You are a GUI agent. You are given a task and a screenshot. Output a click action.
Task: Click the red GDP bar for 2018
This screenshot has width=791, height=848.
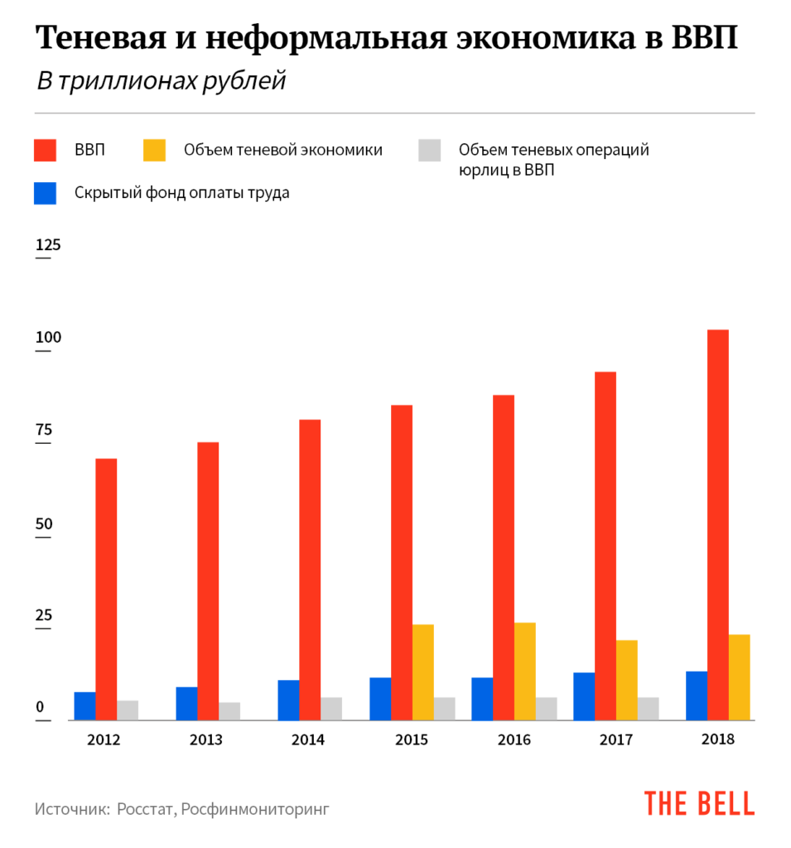718,525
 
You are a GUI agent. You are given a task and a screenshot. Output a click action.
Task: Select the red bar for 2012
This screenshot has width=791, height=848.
106,589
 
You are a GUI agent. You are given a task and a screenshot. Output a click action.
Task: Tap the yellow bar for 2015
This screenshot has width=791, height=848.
423,672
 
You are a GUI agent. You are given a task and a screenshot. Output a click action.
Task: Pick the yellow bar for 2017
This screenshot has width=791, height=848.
627,680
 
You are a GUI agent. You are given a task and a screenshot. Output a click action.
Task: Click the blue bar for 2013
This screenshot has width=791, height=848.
186,703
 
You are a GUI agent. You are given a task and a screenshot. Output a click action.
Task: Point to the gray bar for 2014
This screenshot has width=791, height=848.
331,708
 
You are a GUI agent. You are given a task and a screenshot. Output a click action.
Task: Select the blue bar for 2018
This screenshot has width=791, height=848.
697,695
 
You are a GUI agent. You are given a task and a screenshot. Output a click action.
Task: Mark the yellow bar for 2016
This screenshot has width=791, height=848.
525,671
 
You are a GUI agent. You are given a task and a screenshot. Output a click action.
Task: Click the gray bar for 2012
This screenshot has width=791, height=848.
128,710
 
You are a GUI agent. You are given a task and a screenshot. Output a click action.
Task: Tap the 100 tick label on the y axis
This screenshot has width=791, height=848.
48,338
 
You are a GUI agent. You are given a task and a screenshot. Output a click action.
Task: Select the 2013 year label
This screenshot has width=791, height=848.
205,740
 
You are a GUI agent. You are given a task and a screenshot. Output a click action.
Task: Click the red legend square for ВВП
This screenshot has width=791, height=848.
45,150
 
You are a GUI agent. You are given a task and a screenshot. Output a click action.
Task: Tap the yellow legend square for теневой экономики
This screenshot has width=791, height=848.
155,150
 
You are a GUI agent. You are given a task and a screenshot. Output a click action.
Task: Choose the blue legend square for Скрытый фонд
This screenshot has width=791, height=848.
45,193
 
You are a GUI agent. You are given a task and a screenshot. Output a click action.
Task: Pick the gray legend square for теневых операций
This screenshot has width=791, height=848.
429,150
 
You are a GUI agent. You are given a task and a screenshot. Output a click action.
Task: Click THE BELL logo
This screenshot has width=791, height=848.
699,803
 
